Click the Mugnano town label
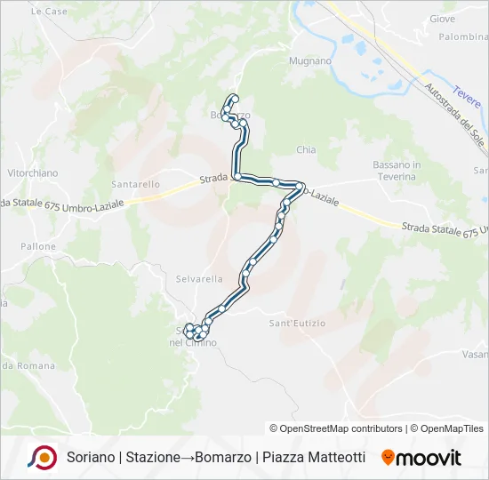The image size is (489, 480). (309, 61)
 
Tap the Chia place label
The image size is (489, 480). (306, 150)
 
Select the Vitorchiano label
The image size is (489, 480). (32, 172)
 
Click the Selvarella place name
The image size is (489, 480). (199, 278)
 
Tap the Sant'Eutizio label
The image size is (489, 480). (298, 323)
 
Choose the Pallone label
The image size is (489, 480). (38, 246)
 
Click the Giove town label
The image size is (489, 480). (442, 19)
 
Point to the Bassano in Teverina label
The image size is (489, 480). (397, 171)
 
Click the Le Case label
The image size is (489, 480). (49, 12)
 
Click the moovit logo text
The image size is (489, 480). (429, 458)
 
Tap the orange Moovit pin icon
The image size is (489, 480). (388, 458)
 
